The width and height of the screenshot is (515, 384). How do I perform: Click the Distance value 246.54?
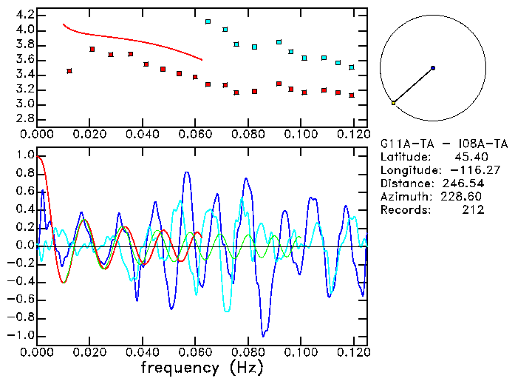[463, 183]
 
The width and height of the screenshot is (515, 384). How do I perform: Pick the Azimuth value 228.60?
[463, 197]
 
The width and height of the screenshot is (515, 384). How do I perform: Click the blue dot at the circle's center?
[433, 68]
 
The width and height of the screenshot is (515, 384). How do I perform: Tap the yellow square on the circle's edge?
[393, 103]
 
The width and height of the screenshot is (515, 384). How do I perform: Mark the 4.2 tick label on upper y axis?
[24, 15]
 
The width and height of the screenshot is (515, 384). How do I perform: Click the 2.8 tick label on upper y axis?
[24, 119]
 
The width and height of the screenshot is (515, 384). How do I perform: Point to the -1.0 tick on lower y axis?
[21, 335]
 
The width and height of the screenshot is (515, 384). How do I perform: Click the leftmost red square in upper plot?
[69, 71]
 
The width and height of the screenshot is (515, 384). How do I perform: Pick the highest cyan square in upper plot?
[208, 22]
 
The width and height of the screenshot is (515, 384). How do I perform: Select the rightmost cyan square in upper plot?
[352, 67]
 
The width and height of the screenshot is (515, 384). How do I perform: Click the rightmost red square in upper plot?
[352, 95]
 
